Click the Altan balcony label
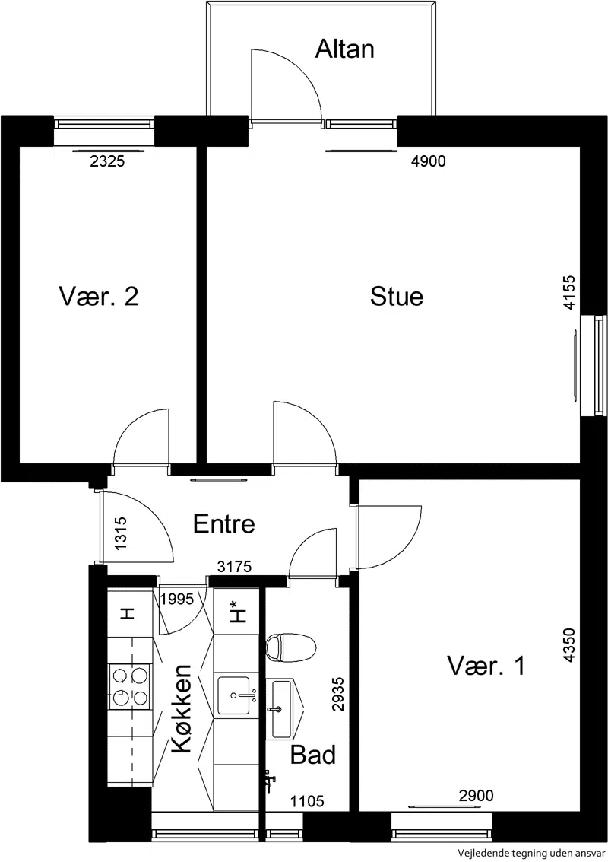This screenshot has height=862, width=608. pos(344,49)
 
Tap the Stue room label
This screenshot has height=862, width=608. pos(397,296)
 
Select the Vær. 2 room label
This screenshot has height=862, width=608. pos(98,296)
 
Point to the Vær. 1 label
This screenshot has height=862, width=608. pos(486,666)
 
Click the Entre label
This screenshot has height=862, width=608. pos(224,524)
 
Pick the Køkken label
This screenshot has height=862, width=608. pos(182,709)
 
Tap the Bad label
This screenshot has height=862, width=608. pos(312,755)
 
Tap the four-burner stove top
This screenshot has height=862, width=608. pos(130,685)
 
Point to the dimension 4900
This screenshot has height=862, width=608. pos(429,161)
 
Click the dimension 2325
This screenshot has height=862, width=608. pos(107,161)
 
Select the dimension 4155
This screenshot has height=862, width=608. pos(569,292)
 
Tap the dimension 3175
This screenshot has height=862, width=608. pos(235,566)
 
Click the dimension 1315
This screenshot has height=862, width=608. pos(121,533)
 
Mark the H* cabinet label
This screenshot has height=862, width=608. pos(237,611)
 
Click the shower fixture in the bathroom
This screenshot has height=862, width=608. pos(268,780)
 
